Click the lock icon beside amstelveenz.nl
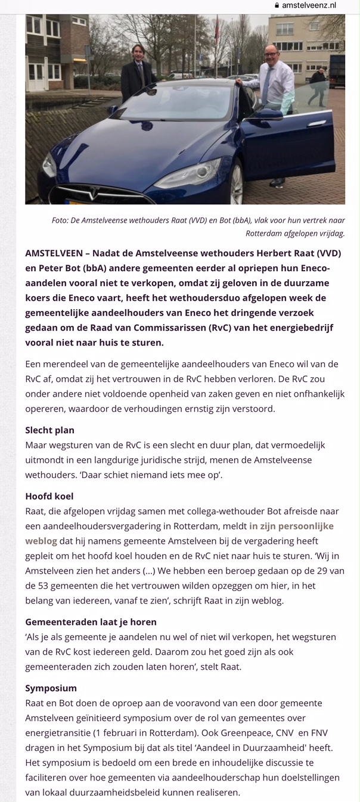[277, 5]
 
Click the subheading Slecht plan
[49, 430]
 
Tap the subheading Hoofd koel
[49, 496]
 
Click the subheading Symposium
[51, 688]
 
